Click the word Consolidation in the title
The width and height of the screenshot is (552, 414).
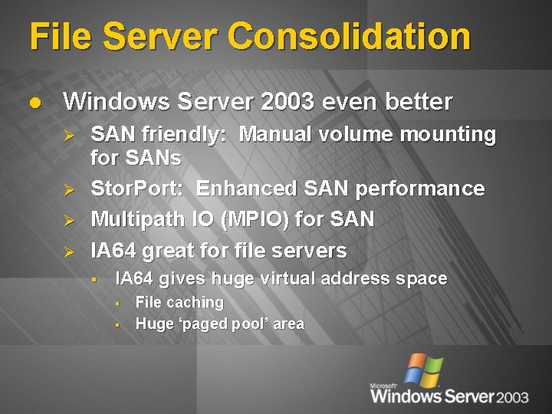click(x=349, y=37)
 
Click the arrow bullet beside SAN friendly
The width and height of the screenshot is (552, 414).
click(x=68, y=136)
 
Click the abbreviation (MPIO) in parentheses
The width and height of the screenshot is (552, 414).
click(x=255, y=219)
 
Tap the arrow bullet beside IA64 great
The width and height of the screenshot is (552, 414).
click(x=68, y=251)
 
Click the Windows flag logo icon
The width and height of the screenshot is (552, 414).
click(x=423, y=371)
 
